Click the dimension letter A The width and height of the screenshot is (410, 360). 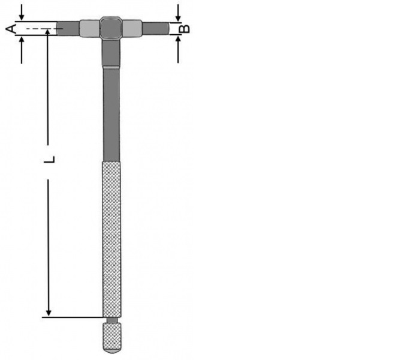tap(11, 28)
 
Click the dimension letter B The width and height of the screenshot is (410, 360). tap(185, 28)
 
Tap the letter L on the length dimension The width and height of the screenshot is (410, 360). tap(49, 160)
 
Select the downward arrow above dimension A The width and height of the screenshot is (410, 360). tap(22, 13)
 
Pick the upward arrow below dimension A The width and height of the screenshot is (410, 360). tap(22, 50)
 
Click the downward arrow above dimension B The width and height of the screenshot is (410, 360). tap(178, 13)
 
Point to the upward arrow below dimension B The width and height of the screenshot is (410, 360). tap(178, 49)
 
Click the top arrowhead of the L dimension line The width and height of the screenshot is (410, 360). tap(47, 32)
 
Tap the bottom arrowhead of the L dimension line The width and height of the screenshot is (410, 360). tap(49, 313)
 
